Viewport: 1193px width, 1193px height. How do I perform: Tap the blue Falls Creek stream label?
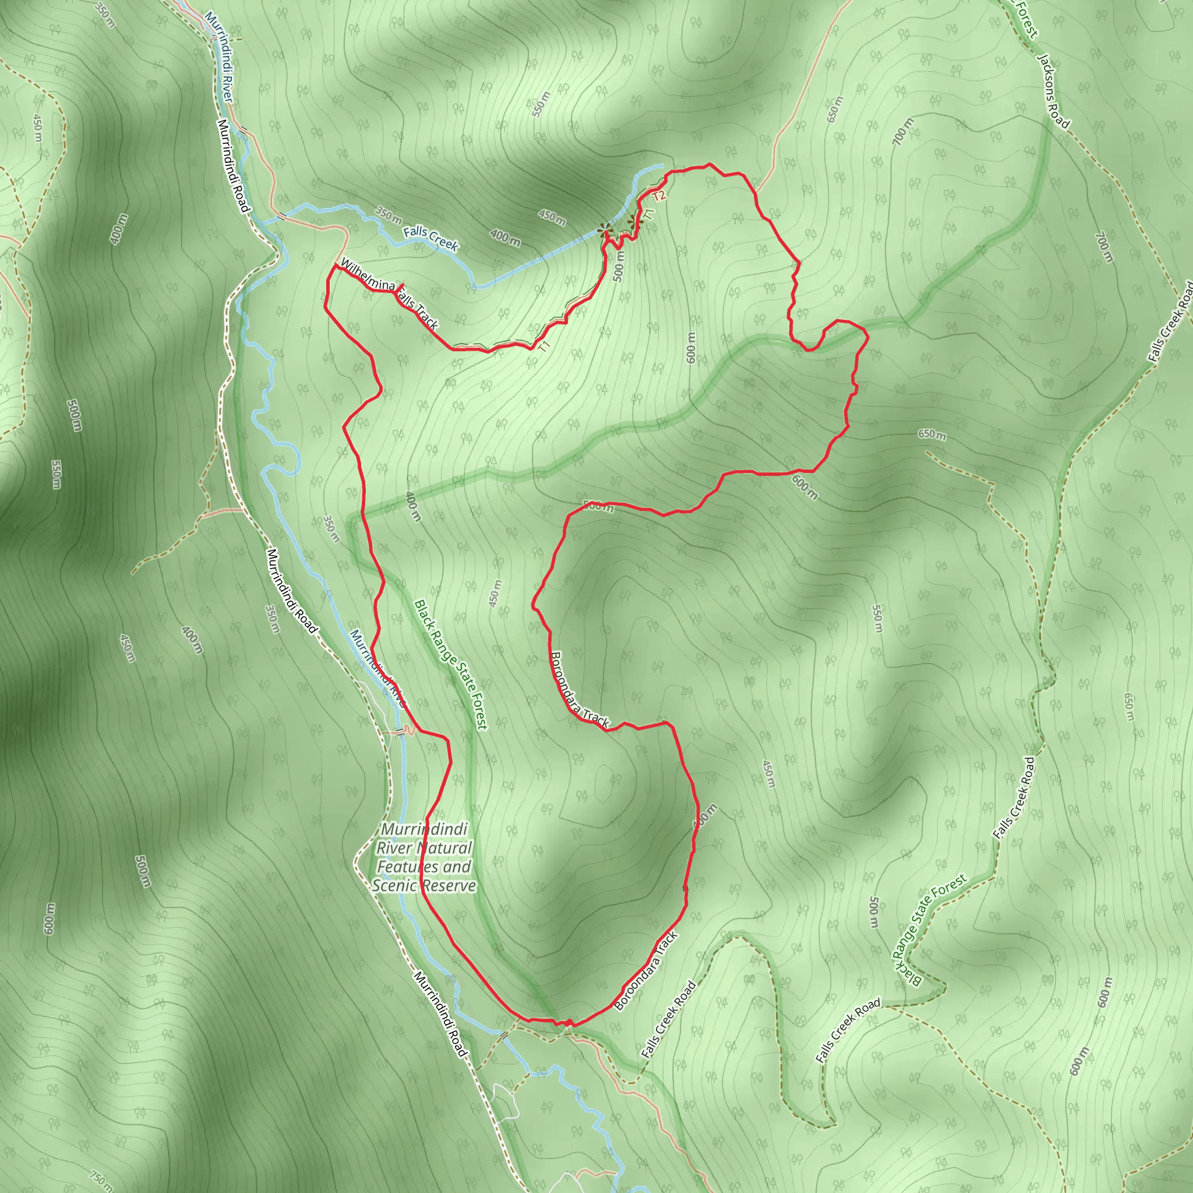coord(430,239)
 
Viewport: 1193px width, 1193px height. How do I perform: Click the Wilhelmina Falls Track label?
coord(389,294)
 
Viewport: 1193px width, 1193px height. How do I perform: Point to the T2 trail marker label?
coord(659,196)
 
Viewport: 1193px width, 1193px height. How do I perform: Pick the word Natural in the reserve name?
coord(444,848)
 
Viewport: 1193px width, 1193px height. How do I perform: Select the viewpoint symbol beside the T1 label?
coord(631,223)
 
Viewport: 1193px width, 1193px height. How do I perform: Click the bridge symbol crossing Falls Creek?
coord(281,216)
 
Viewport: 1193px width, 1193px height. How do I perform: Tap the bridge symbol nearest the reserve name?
coord(400,732)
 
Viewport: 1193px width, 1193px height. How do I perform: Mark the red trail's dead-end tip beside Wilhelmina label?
coord(403,284)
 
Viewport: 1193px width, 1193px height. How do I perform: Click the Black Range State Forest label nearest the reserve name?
coord(451,665)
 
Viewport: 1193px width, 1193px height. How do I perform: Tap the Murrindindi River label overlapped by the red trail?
coord(377,668)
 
